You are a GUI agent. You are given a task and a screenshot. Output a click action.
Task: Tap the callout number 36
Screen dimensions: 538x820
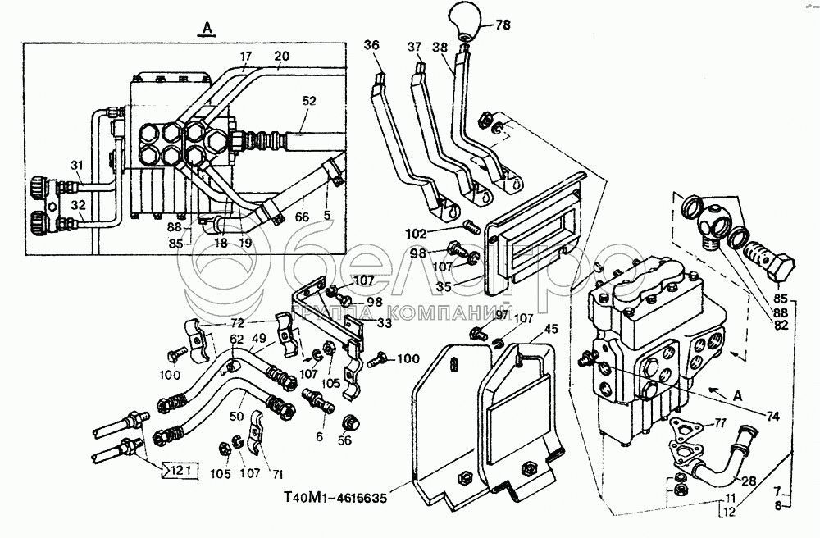372,47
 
